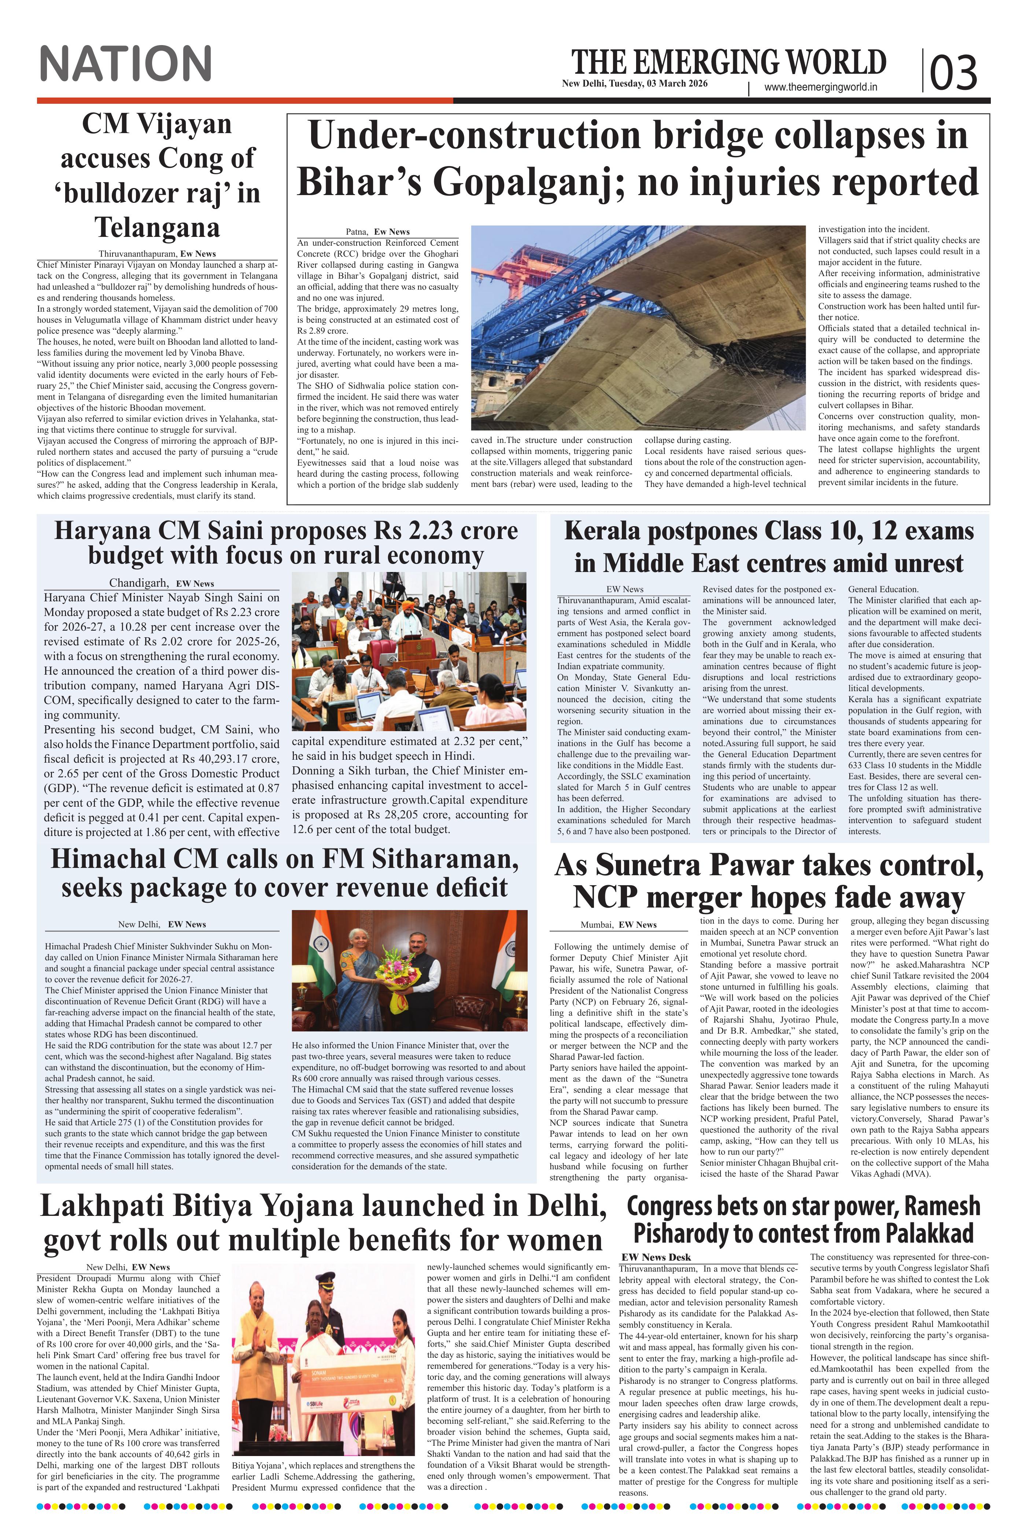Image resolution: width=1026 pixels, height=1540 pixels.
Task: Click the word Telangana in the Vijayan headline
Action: (x=157, y=228)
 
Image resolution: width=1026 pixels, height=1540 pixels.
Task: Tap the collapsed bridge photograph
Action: (x=638, y=327)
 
